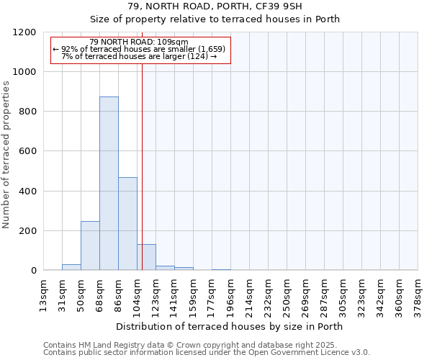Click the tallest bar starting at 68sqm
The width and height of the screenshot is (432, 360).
(x=109, y=184)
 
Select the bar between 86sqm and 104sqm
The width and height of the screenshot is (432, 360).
(x=127, y=224)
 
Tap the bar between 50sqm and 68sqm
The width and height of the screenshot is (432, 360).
(x=90, y=246)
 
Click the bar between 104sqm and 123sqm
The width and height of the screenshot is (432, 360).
(x=146, y=257)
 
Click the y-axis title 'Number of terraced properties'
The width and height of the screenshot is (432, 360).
(x=6, y=155)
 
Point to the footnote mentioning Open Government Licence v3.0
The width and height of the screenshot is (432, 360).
(x=207, y=353)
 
